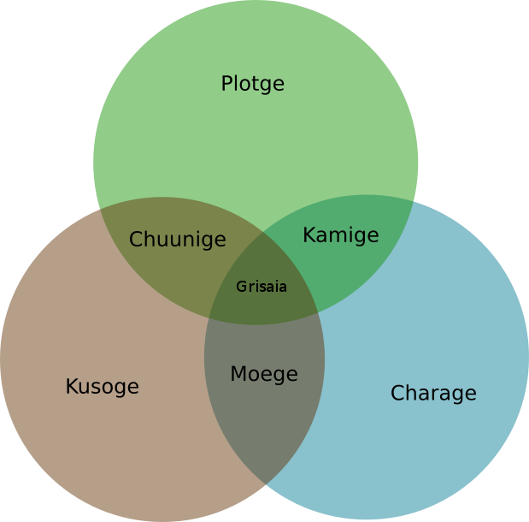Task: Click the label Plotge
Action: (x=252, y=84)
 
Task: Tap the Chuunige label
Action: (x=178, y=240)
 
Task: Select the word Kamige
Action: (x=340, y=235)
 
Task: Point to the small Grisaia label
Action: (x=262, y=287)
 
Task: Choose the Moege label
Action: (x=264, y=374)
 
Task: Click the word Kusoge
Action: (x=102, y=387)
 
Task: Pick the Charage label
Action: (x=433, y=394)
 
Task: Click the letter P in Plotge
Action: (x=226, y=84)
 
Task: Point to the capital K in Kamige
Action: (x=309, y=235)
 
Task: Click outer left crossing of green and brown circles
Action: (x=101, y=209)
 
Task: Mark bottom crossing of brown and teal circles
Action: (x=266, y=485)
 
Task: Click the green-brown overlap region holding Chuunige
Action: (x=162, y=257)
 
